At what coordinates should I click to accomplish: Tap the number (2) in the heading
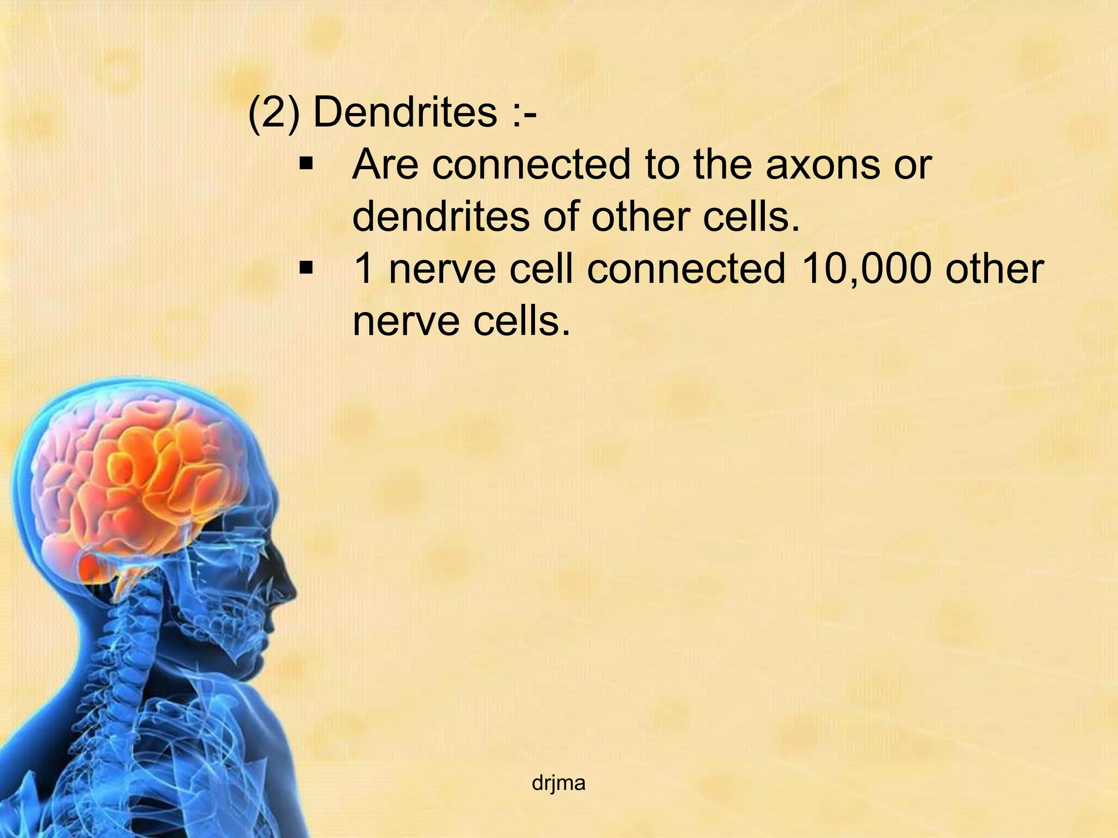pyautogui.click(x=273, y=112)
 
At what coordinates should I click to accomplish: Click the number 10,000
pyautogui.click(x=866, y=268)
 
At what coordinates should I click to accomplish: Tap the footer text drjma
pyautogui.click(x=558, y=783)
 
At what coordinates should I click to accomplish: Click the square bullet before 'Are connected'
pyautogui.click(x=306, y=163)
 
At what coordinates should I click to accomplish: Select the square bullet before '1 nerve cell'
pyautogui.click(x=306, y=267)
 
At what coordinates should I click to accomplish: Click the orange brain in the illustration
pyautogui.click(x=142, y=480)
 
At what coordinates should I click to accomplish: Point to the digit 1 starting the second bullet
pyautogui.click(x=365, y=268)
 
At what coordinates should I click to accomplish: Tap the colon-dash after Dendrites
pyautogui.click(x=524, y=112)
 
